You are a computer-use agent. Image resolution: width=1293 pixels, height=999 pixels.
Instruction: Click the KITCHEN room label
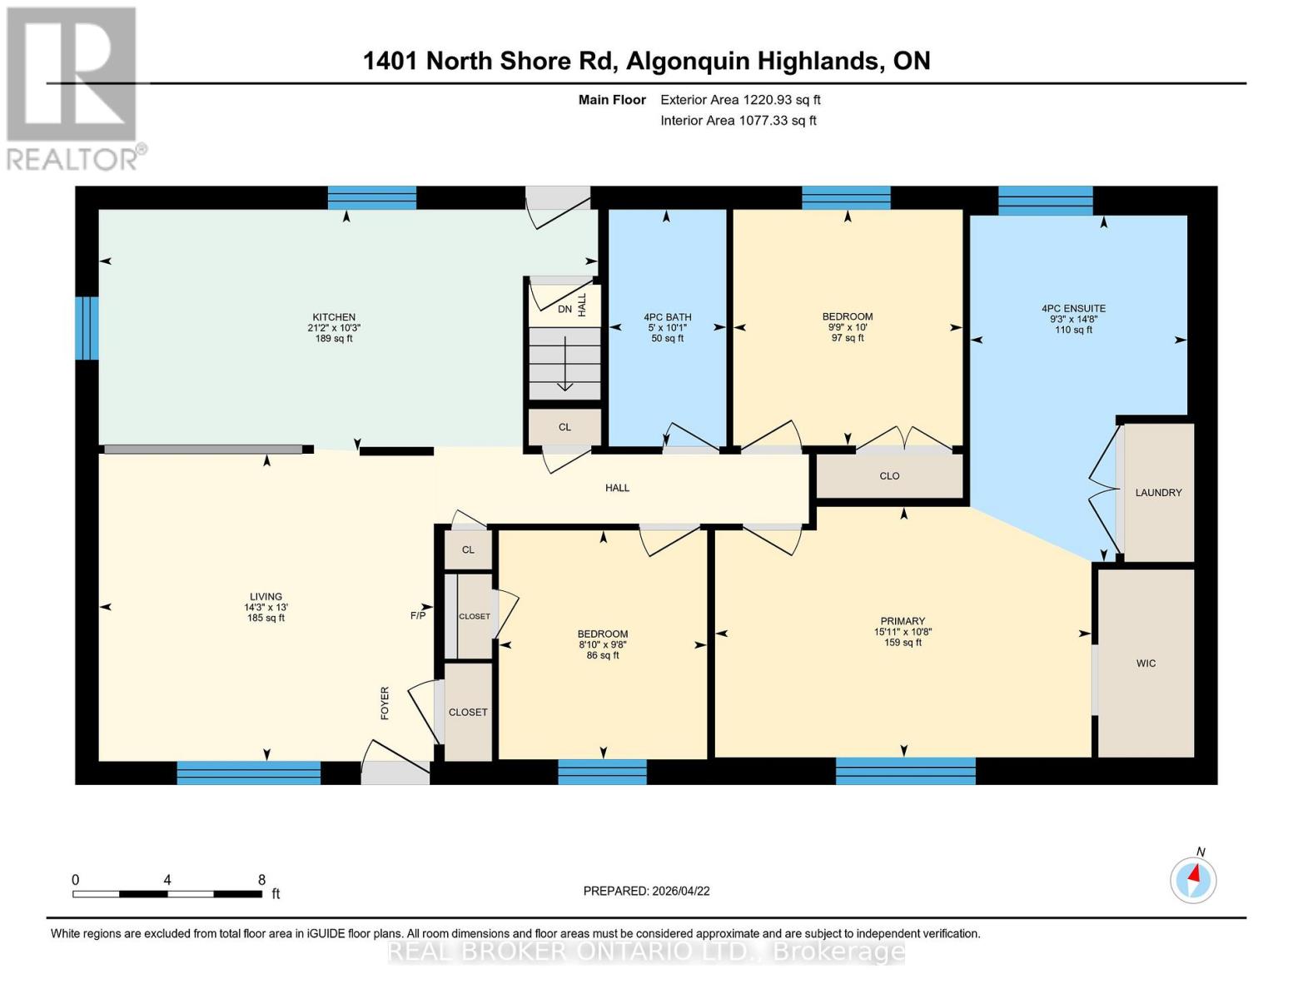click(334, 317)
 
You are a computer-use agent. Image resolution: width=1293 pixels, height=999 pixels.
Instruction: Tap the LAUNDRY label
click(1158, 493)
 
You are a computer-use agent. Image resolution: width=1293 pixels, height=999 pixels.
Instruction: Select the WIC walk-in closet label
click(1146, 664)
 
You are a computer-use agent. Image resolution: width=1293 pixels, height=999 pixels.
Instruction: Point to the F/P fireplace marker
click(418, 616)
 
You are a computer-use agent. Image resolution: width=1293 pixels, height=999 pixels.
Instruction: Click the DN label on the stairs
click(564, 310)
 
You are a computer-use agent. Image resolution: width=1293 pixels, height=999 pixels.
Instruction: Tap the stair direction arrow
click(564, 363)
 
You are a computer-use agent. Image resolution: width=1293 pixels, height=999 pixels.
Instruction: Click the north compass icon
click(1193, 880)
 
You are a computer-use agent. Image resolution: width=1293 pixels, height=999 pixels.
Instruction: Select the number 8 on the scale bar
click(261, 879)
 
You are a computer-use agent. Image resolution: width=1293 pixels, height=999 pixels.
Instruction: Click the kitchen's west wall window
click(87, 328)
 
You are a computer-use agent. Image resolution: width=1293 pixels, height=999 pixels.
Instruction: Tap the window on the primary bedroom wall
click(905, 771)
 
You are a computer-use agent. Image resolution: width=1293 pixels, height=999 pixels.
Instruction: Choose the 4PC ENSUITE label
click(1073, 308)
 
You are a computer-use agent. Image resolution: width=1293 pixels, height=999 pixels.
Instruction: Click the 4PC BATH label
click(667, 317)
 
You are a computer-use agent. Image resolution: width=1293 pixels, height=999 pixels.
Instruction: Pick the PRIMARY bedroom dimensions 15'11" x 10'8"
click(902, 632)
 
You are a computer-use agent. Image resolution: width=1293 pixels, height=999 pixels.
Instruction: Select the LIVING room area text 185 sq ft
click(266, 618)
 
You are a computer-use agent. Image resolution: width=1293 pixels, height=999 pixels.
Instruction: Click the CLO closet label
click(889, 476)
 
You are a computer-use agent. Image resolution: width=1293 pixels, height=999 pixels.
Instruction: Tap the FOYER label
click(385, 703)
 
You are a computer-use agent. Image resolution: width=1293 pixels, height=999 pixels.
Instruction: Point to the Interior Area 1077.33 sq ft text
click(738, 121)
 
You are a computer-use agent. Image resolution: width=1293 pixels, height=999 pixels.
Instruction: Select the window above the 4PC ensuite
click(1045, 201)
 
